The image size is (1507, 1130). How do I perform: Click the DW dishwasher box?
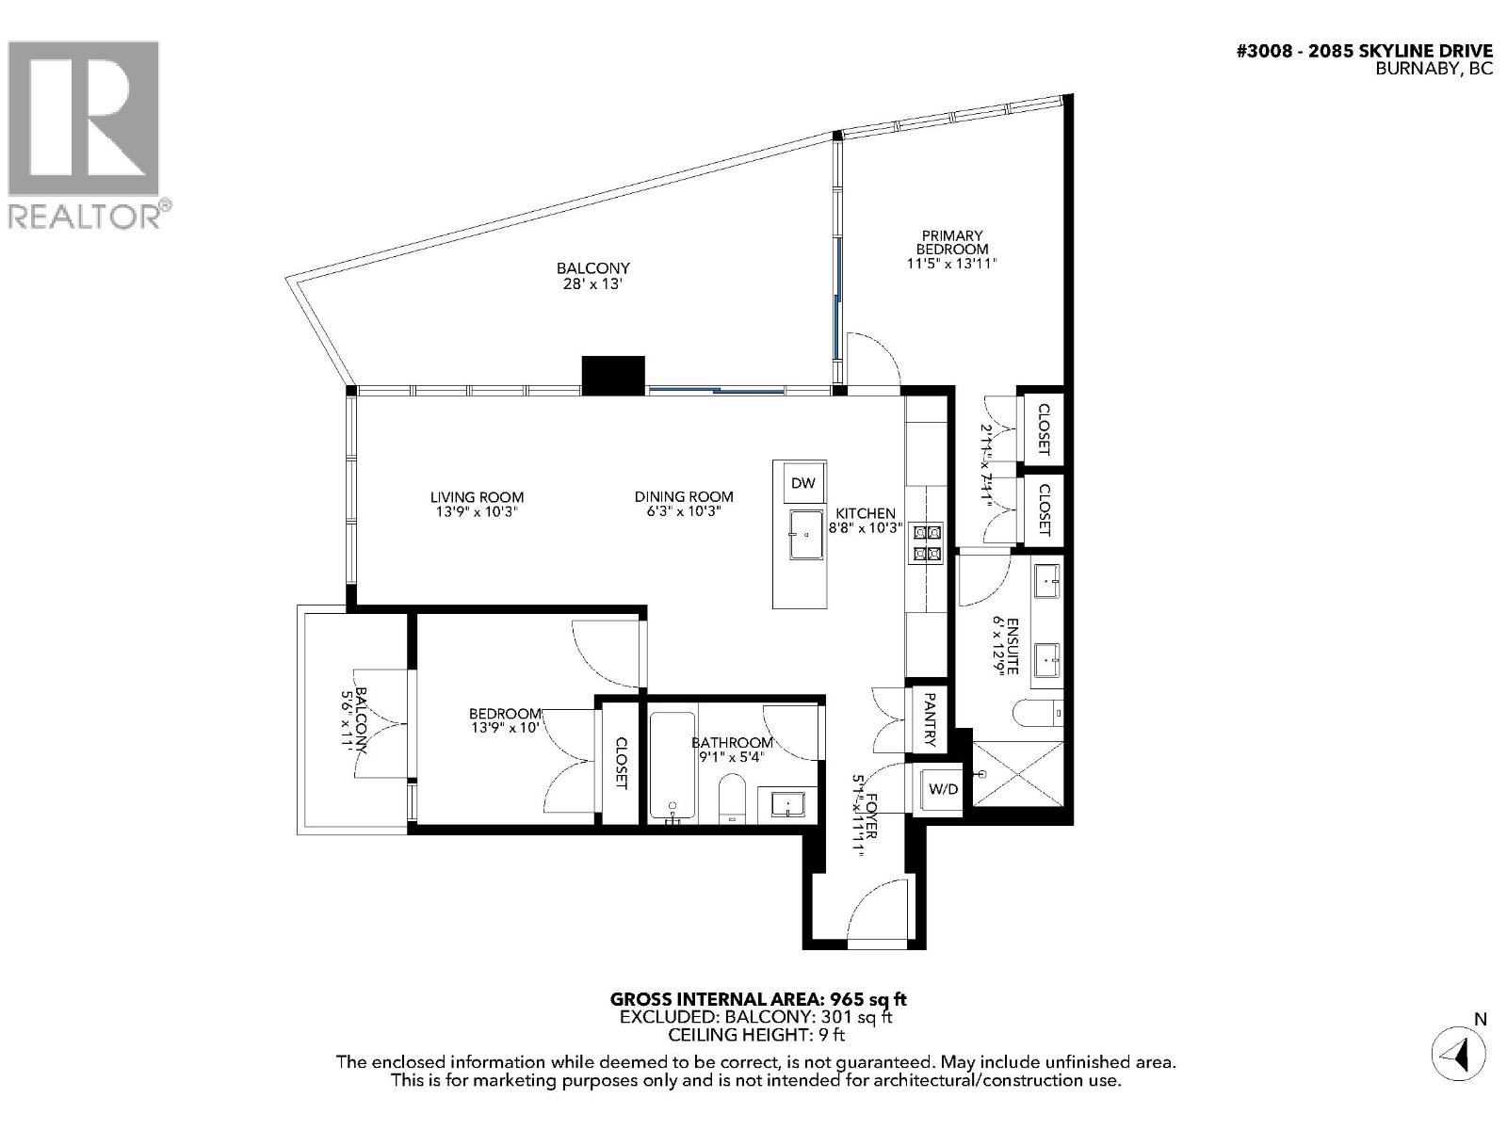point(802,483)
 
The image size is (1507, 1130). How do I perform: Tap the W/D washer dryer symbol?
point(943,788)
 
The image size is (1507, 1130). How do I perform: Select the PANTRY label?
point(929,719)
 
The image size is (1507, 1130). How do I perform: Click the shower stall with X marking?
point(1017,773)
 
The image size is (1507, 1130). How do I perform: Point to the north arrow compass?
point(1458,1053)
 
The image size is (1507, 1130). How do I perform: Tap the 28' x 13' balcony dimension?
point(591,283)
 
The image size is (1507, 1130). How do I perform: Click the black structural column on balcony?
point(613,375)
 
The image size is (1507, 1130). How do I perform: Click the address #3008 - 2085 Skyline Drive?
point(1364,51)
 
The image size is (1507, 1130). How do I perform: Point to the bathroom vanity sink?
point(786,804)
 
